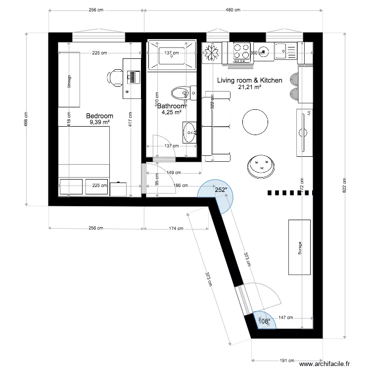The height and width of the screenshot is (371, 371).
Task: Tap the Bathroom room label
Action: (171, 106)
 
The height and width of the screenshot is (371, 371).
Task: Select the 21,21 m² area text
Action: (250, 87)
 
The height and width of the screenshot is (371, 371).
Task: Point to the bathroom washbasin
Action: (189, 133)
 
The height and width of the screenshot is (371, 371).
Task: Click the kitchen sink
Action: (285, 50)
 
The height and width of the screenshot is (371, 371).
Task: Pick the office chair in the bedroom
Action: (115, 78)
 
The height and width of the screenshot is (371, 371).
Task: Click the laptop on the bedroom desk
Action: (132, 77)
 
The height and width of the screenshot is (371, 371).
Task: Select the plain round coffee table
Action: (255, 122)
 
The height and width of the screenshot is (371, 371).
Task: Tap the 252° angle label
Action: (221, 189)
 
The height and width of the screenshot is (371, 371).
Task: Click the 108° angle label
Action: (265, 322)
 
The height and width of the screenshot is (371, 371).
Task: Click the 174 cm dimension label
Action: (177, 229)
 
